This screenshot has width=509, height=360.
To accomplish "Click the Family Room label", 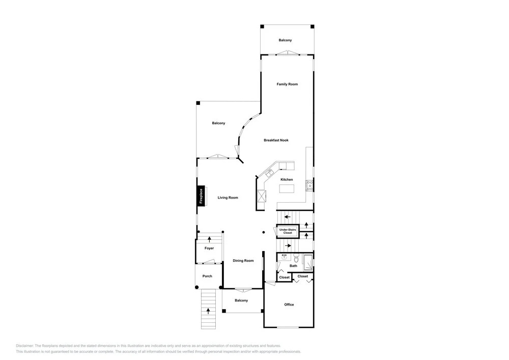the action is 287,84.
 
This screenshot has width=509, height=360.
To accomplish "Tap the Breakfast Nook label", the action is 276,140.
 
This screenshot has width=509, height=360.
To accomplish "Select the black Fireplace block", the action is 201,196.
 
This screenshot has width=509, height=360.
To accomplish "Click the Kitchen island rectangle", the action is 287,188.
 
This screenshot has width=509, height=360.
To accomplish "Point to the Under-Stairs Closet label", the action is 288,231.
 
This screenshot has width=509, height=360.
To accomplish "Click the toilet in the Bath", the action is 296,258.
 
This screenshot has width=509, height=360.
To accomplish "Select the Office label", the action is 289,304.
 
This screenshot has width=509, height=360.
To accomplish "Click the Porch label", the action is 207,276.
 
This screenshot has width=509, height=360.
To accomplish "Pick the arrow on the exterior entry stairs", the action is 208,311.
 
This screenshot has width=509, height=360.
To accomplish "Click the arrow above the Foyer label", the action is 209,239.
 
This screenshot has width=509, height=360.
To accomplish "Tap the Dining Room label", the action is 243,261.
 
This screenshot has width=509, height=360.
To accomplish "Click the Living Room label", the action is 228,198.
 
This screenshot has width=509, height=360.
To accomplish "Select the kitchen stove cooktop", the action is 309,185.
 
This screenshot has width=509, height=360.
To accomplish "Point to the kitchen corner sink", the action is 269,173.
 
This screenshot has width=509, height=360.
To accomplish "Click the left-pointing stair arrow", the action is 287,216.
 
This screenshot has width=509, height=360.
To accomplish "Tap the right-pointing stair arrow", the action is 288,246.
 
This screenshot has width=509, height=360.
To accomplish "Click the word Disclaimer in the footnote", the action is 24,346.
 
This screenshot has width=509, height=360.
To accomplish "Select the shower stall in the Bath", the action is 308,263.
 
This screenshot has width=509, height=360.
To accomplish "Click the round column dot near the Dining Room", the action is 264,232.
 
